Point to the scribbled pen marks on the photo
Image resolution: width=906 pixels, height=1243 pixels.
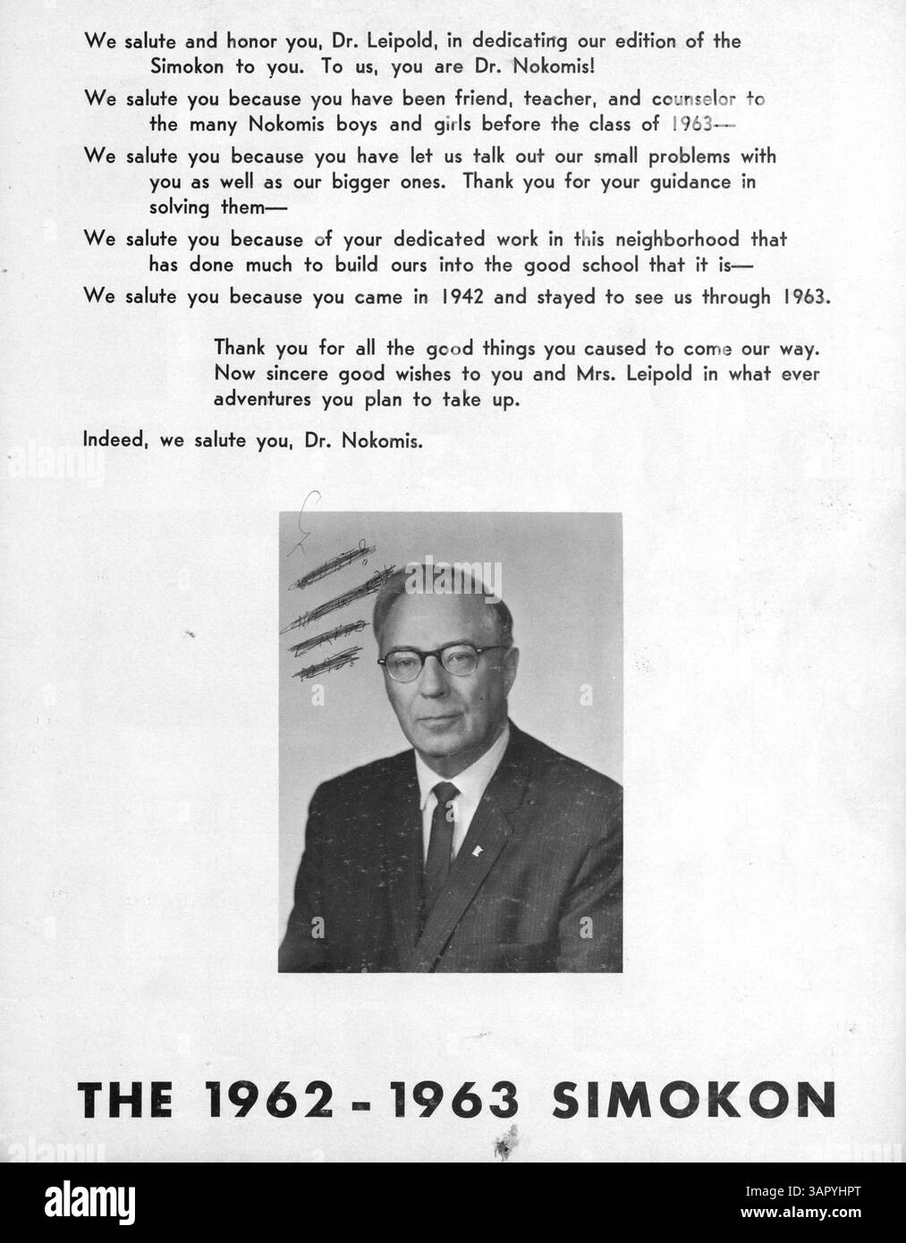point(335,617)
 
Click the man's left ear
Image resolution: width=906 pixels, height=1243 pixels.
point(517,671)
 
